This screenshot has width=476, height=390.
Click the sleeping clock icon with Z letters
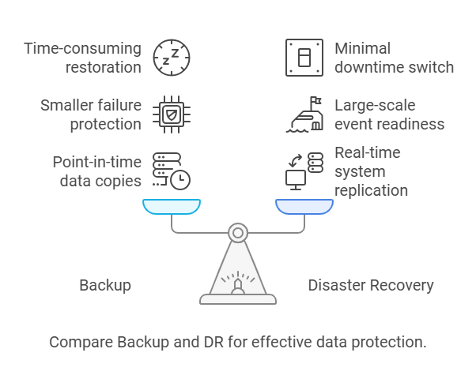coord(171,57)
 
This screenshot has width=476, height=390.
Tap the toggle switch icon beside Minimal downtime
coord(304,57)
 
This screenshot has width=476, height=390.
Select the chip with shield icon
coord(171,114)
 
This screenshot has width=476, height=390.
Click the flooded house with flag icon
coord(304,114)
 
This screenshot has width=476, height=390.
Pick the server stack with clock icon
coord(171,171)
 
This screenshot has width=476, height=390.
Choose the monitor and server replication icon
coord(304,171)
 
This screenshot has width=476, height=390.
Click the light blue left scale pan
coord(172,207)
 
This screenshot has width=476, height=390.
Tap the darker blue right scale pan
coord(304,207)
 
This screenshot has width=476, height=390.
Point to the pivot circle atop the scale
coord(238,232)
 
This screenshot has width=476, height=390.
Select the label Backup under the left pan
coord(104,285)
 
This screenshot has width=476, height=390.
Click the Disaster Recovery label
coord(371,285)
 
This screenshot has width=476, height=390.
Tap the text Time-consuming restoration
coord(82,58)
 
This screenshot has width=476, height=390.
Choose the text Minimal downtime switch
coord(394,58)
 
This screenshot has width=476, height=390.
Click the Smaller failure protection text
coord(90,114)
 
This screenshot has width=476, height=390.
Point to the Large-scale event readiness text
coord(389,114)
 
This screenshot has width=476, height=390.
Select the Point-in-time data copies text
coord(96,171)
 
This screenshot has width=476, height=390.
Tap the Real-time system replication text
coord(371,171)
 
